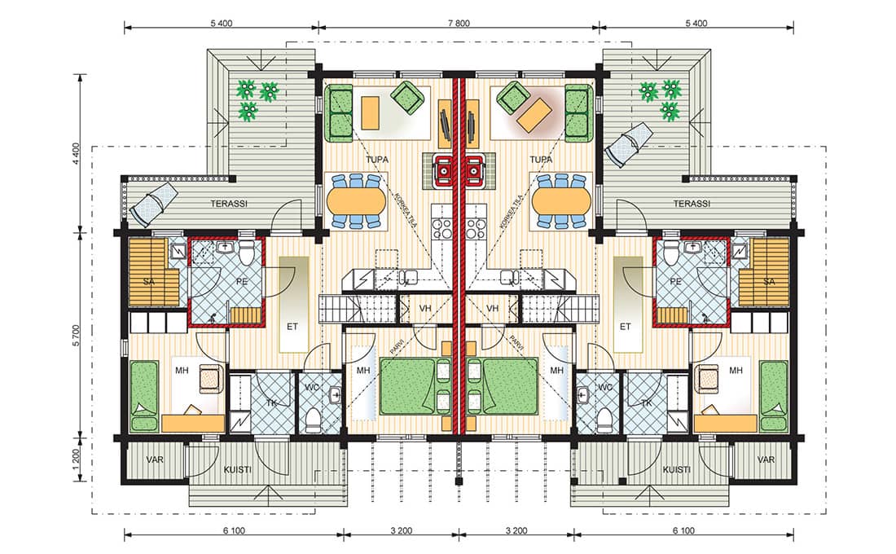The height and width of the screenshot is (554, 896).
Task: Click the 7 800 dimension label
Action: tap(459, 24)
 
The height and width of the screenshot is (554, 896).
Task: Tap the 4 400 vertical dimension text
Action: tap(77, 154)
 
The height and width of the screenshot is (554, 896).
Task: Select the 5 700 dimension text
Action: tap(77, 336)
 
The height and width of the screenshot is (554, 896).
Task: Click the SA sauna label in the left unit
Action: tap(148, 281)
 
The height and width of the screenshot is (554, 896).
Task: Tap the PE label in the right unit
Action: tap(675, 281)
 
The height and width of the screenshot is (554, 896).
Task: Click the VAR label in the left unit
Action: tap(155, 459)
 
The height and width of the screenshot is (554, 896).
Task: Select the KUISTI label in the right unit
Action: tap(676, 469)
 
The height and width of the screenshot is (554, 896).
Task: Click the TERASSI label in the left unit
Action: tap(229, 204)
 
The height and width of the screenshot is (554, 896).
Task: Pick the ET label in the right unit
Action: tap(625, 327)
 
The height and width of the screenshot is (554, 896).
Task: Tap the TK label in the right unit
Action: tap(646, 403)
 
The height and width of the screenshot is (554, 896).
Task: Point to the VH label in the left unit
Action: tap(425, 309)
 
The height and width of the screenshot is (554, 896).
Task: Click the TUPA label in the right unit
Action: tap(541, 160)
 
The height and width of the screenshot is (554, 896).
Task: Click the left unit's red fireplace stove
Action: tap(442, 169)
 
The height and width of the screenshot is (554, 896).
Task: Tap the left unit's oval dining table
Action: tap(357, 201)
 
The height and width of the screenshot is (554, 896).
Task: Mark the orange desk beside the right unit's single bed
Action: tap(726, 424)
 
